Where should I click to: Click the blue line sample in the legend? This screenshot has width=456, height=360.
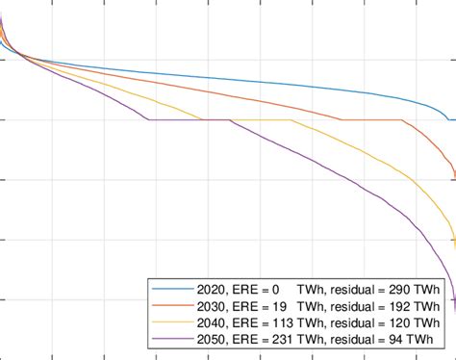pyautogui.click(x=165, y=289)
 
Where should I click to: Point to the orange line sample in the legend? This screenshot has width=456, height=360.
pyautogui.click(x=165, y=305)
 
